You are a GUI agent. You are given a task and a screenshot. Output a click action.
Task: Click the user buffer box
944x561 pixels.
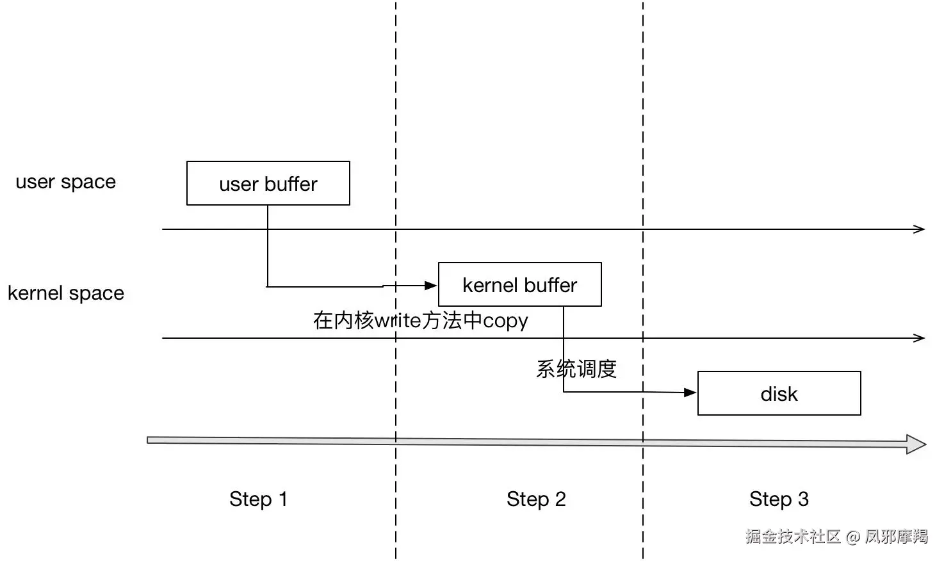click(x=268, y=183)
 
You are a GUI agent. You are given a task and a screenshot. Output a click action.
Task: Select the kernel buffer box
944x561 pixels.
click(x=519, y=284)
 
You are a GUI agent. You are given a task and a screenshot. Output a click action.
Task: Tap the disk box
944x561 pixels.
click(x=779, y=393)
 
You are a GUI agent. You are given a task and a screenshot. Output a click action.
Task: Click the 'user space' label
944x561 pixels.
click(x=66, y=182)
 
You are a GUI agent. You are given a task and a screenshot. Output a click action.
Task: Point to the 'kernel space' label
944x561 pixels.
click(x=66, y=293)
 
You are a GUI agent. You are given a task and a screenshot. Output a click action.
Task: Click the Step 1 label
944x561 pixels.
click(x=258, y=500)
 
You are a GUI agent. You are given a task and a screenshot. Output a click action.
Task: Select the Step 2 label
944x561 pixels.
click(x=536, y=500)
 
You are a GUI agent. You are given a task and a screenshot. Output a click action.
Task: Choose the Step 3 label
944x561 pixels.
click(x=779, y=500)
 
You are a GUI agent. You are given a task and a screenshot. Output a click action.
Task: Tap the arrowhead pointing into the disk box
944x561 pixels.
click(x=690, y=393)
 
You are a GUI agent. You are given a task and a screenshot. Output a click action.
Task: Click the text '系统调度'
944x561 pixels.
click(x=576, y=369)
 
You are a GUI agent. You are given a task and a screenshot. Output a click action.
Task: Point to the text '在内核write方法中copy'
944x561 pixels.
click(x=420, y=321)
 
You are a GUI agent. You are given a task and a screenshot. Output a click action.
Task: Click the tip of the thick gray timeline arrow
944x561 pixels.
click(x=925, y=444)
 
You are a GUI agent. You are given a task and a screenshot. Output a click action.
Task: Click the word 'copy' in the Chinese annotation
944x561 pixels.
click(x=505, y=321)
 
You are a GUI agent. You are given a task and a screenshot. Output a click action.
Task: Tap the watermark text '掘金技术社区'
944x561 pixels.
click(x=793, y=537)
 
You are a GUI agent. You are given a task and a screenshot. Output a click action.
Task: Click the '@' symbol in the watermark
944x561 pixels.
click(x=853, y=537)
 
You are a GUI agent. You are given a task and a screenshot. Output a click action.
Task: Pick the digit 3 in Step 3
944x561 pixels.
click(x=803, y=499)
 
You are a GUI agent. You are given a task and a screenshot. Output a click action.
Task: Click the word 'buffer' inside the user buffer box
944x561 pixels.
click(x=291, y=184)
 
